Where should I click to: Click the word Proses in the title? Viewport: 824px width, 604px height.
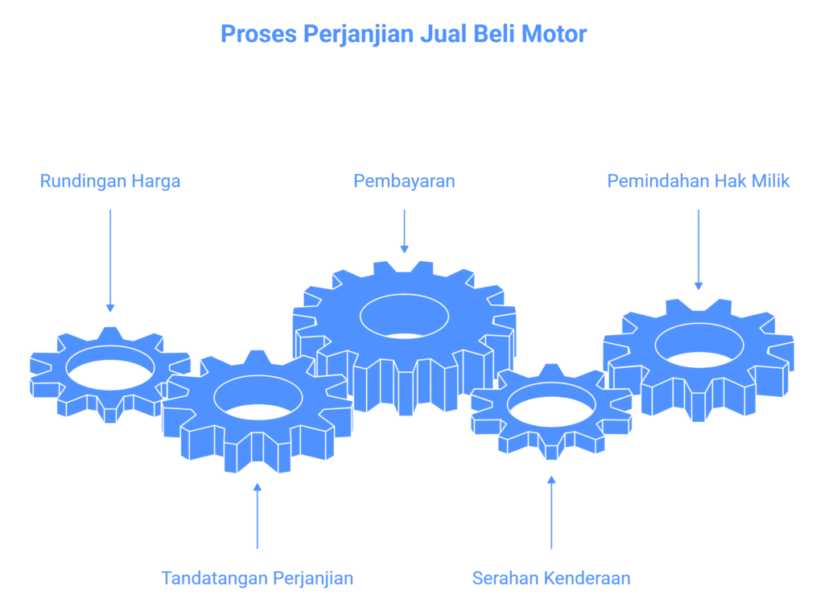pos(258,34)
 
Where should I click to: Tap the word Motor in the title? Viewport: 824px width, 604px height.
pos(554,34)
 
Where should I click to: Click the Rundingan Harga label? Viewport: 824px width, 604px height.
pos(110,181)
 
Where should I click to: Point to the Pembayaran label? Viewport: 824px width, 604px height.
pos(404,181)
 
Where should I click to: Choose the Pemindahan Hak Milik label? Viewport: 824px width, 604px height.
pos(698,181)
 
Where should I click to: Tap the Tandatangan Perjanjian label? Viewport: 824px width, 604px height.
pos(257,578)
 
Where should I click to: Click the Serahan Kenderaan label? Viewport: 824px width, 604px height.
pos(551,578)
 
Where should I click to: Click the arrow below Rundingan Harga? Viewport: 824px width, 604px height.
pos(110,260)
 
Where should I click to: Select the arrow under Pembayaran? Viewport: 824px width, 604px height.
pos(404,231)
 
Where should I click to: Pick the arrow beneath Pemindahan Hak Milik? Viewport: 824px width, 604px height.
pos(698,250)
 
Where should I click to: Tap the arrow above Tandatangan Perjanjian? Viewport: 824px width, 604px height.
pos(257,516)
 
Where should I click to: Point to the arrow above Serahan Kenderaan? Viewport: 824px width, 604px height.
pos(551,512)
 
